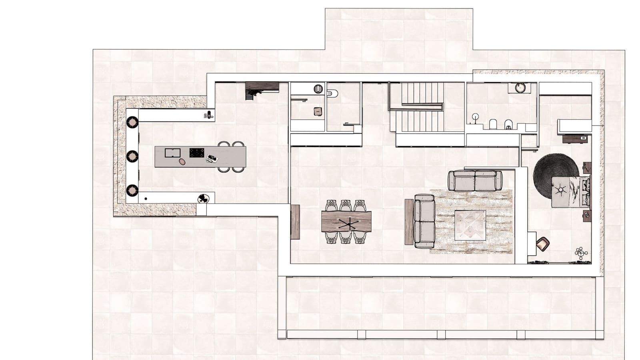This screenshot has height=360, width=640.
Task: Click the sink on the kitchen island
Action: pos(172,153)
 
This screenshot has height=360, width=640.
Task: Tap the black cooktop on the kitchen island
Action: pos(196,153)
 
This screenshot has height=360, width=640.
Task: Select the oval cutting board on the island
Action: pos(182,162)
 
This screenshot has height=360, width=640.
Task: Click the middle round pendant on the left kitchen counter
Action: pos(132,156)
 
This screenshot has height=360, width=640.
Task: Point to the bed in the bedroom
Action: pos(570,192)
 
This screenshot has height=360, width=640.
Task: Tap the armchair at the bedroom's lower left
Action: pos(543,243)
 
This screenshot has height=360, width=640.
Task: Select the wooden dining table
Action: pos(346,222)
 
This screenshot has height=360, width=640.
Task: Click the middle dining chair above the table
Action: pos(346,206)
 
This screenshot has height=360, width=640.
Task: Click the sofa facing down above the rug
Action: pos(475,180)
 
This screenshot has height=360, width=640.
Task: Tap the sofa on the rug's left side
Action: pos(424,220)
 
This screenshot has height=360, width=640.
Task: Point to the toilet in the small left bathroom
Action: pos(332,93)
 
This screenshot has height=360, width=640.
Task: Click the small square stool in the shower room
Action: pos(318,112)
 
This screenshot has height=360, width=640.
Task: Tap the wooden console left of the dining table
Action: pos(295,222)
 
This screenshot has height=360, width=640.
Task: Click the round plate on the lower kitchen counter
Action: pos(204,198)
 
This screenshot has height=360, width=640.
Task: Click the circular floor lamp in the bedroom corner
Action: pos(580,252)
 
